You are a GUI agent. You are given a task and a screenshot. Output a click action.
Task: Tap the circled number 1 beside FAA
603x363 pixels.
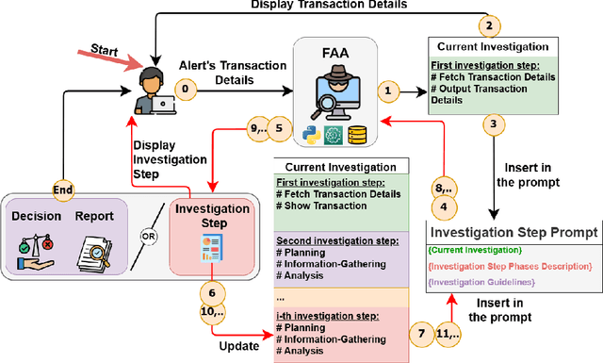click(385, 91)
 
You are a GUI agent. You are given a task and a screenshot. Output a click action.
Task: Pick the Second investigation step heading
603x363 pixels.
click(325, 241)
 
